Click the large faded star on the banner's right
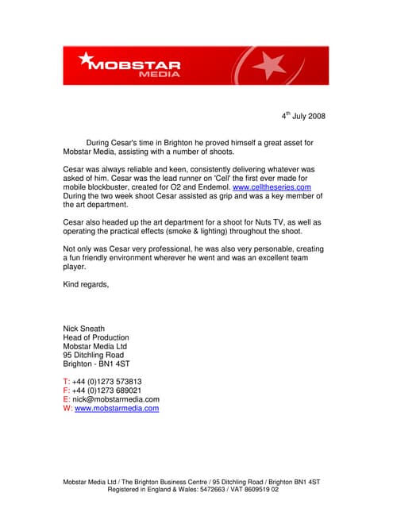coord(270,65)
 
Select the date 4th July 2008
coord(303,117)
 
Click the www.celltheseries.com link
coord(272,187)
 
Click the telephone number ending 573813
coord(107,382)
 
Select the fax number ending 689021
coord(107,391)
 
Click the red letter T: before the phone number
coord(66,382)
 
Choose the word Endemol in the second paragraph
coord(212,187)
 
